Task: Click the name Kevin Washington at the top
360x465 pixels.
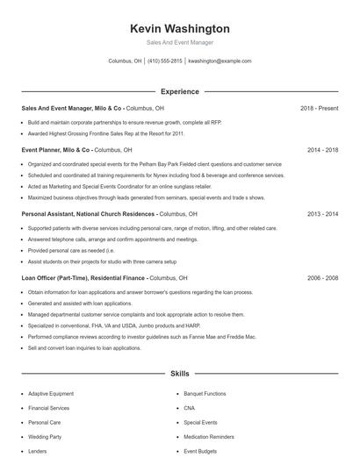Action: tap(179, 28)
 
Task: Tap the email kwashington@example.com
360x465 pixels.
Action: tap(220, 61)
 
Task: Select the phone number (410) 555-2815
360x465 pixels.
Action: tap(165, 61)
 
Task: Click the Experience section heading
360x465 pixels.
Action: tap(179, 91)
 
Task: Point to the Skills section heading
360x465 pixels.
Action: tap(179, 374)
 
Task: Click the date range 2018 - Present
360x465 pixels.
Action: tap(319, 108)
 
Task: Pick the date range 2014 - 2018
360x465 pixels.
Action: tap(322, 150)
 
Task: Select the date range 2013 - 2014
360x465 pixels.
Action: tap(322, 214)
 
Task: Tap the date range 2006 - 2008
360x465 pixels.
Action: tap(322, 277)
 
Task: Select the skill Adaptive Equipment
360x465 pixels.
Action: tap(50, 394)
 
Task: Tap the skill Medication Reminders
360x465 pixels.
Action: tap(209, 436)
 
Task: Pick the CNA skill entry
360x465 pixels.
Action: tap(189, 408)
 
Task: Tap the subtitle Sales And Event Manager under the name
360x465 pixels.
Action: tap(179, 42)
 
